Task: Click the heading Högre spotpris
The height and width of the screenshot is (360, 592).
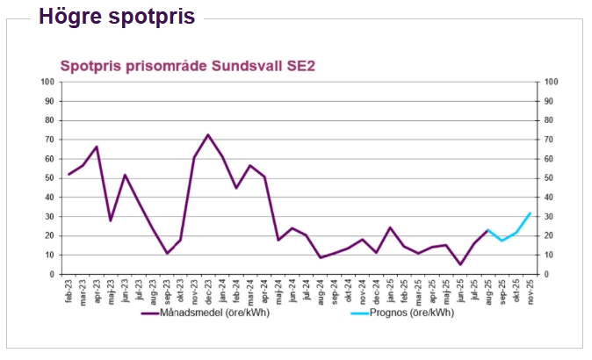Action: point(117,17)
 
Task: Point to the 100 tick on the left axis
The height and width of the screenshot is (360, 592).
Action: point(48,82)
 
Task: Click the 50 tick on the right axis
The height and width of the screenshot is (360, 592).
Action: point(551,178)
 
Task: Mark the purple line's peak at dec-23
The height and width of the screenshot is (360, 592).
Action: point(208,135)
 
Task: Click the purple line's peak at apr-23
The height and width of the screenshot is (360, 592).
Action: point(97,147)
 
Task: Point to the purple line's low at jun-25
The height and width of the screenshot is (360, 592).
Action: point(459,264)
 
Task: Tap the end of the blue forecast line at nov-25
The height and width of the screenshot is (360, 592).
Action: point(530,213)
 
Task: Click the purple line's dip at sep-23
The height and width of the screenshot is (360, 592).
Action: point(167,254)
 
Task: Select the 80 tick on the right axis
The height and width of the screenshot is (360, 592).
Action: point(551,120)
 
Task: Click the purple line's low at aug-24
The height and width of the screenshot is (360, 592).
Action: point(321,257)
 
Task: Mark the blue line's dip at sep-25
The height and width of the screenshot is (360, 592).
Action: point(502,241)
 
